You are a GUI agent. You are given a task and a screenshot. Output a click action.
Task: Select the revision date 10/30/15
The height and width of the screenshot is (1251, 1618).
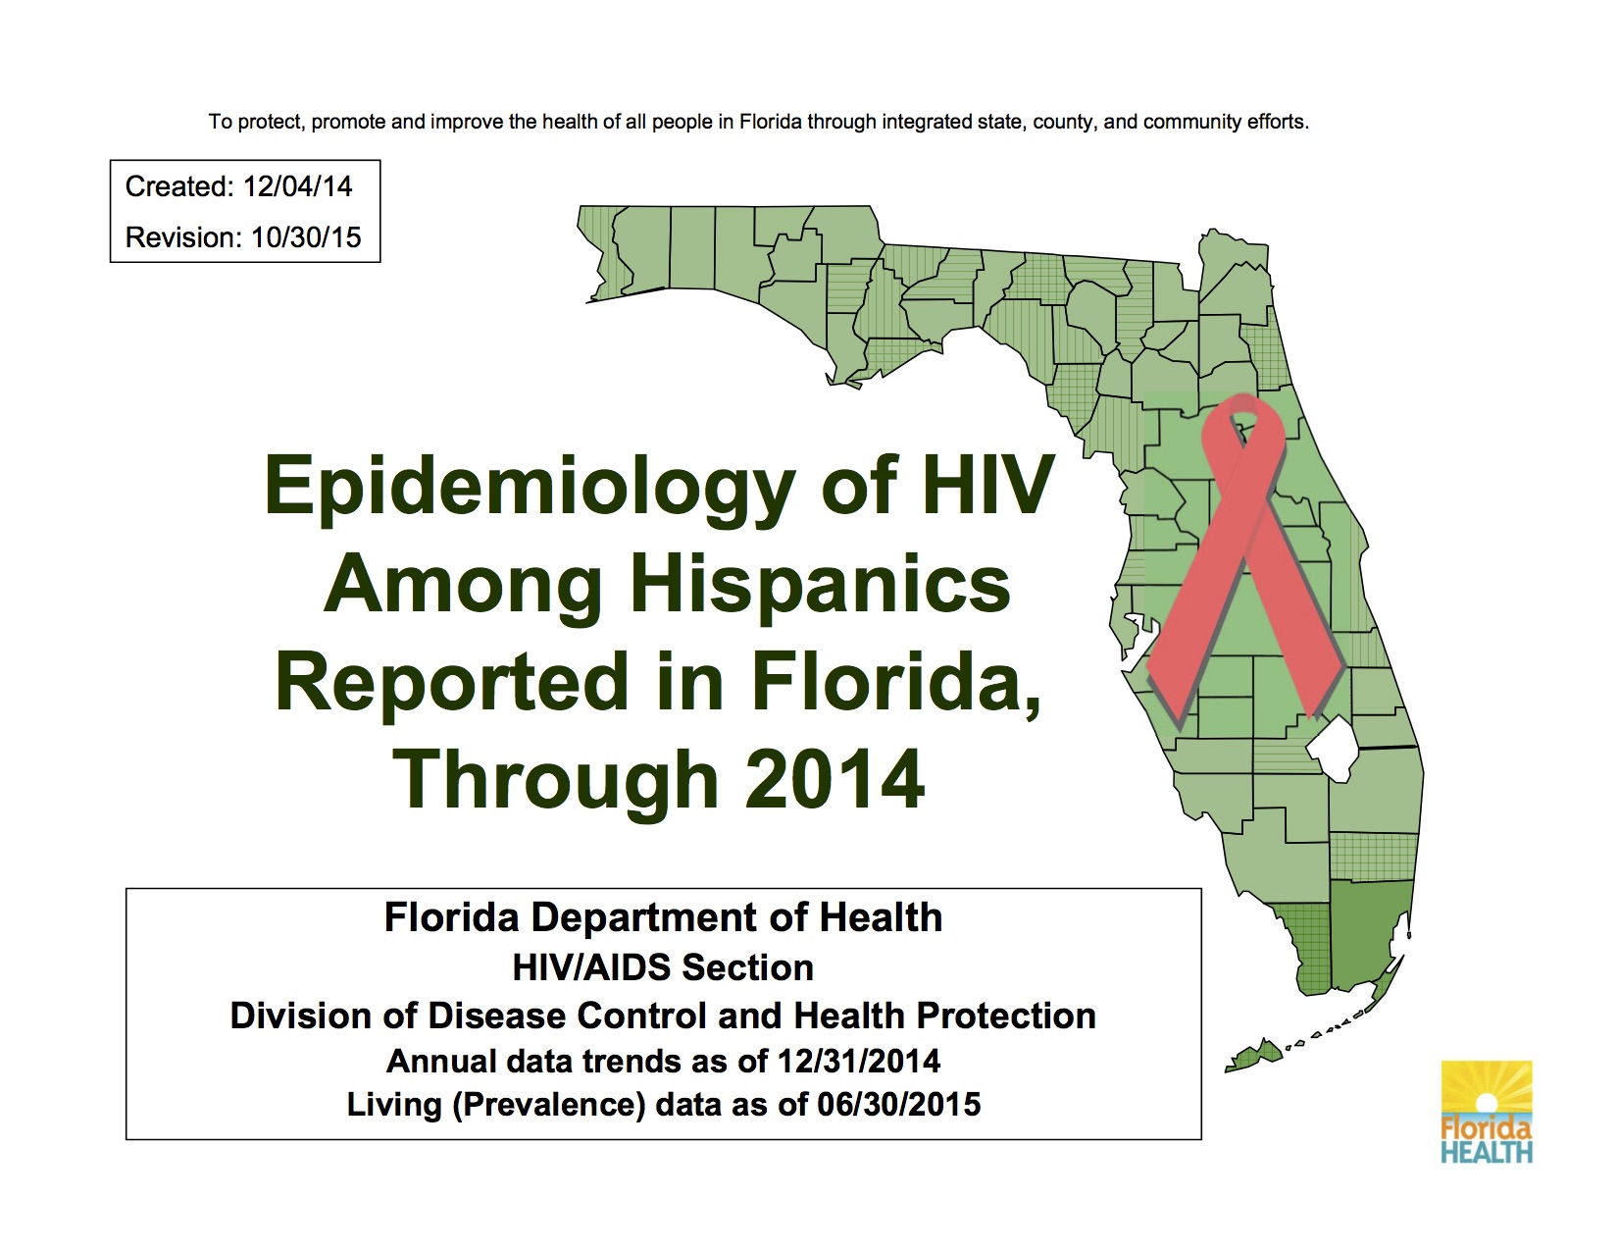(306, 237)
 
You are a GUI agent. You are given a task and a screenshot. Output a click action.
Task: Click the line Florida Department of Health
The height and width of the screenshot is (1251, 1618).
(663, 918)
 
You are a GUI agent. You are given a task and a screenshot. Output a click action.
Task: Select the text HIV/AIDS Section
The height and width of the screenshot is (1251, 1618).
(663, 968)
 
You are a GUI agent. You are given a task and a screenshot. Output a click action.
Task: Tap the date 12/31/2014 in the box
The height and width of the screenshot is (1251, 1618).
(858, 1061)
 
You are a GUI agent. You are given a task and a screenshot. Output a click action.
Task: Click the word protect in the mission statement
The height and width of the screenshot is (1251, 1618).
(270, 123)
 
